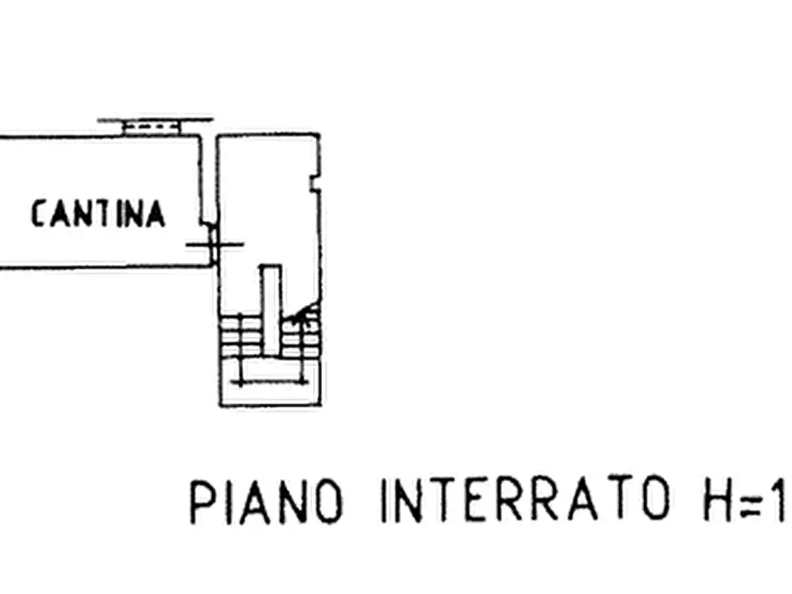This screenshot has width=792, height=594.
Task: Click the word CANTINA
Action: [x=98, y=215]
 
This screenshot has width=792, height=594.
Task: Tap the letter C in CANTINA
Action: [x=39, y=215]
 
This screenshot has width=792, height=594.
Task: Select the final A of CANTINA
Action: [x=155, y=215]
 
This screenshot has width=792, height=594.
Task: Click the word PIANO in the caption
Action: [x=265, y=501]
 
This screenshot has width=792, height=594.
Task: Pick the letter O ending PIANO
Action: [x=326, y=501]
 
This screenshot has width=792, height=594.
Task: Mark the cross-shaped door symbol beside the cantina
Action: [x=212, y=243]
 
